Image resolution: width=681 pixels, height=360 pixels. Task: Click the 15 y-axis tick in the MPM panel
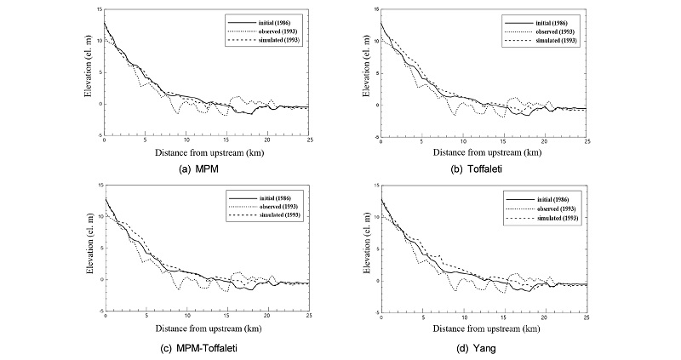tap(100, 9)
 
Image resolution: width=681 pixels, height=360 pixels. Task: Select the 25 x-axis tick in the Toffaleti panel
tap(587, 140)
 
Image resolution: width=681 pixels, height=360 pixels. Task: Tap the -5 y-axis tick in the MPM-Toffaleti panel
tap(99, 311)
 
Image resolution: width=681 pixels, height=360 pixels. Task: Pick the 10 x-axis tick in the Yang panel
tap(464, 317)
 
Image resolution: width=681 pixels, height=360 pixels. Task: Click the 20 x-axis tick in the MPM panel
tap(268, 140)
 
